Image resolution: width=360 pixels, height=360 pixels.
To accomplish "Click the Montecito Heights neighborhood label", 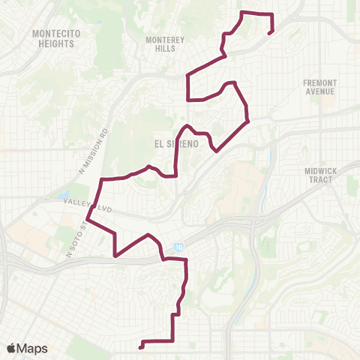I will point(54,39).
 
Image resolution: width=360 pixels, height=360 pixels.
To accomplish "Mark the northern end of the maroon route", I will point(268,31).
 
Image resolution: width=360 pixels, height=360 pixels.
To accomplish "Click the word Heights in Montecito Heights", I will point(54,43).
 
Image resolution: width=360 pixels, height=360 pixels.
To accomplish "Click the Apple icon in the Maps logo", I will point(12,346).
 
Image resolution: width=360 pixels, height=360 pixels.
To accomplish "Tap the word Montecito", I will point(54,34).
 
